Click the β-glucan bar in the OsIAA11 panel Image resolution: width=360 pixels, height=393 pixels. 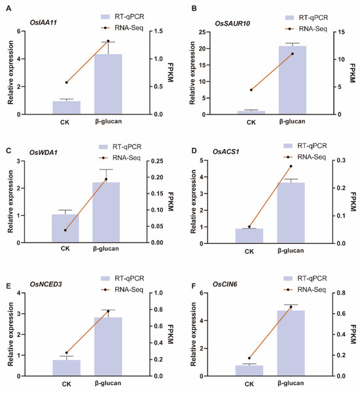click(x=108, y=84)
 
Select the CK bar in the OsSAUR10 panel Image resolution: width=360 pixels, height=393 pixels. click(x=251, y=112)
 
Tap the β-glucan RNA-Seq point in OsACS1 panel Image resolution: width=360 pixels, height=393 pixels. click(x=291, y=166)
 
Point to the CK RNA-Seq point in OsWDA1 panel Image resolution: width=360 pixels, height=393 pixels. click(x=65, y=230)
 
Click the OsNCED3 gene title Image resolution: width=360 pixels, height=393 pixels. click(x=46, y=284)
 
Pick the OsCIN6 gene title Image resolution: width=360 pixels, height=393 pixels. click(x=225, y=284)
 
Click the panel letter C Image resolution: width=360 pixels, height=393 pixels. click(x=9, y=150)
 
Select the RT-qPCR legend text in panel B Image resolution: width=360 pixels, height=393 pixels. click(x=314, y=18)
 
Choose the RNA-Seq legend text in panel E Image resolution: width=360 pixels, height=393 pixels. click(x=129, y=290)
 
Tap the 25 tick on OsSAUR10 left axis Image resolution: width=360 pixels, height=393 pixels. click(x=202, y=32)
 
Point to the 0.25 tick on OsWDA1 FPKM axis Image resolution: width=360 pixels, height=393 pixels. click(x=157, y=161)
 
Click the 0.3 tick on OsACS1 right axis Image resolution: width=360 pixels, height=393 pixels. click(x=341, y=160)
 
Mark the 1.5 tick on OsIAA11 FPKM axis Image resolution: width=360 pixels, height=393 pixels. click(x=158, y=31)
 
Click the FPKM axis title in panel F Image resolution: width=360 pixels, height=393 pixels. click(x=353, y=334)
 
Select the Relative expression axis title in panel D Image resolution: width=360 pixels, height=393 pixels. click(x=193, y=201)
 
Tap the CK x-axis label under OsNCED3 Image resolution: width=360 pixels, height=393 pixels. click(x=67, y=384)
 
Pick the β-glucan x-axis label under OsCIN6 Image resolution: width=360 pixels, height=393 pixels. click(x=291, y=383)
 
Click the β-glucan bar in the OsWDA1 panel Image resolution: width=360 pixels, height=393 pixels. click(x=106, y=213)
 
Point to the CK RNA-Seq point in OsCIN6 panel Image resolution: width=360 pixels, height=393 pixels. click(x=249, y=358)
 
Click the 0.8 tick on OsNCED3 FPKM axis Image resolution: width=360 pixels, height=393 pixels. click(x=158, y=309)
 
